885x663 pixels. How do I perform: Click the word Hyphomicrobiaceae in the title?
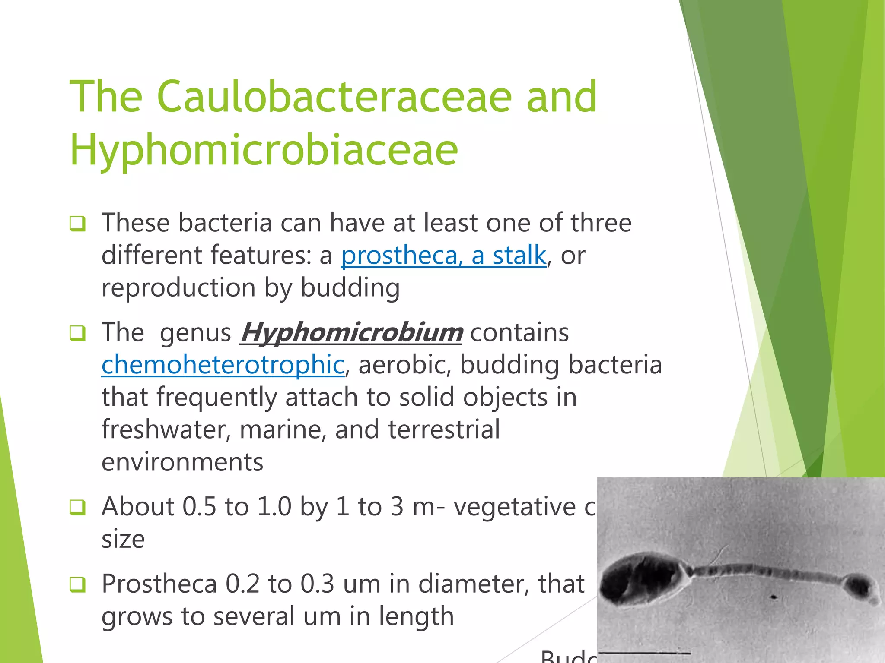(264, 150)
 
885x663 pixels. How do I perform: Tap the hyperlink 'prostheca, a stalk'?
(443, 255)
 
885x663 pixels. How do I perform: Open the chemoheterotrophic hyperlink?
(223, 365)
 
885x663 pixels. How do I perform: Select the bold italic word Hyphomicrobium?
(351, 333)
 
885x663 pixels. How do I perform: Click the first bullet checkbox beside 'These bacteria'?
(77, 224)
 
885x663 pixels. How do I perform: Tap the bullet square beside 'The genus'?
(77, 333)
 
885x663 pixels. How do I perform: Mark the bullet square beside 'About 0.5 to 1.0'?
(77, 507)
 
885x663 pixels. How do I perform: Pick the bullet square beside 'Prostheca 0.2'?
(77, 584)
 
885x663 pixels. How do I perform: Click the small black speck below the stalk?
(773, 597)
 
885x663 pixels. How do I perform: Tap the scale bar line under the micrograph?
(644, 653)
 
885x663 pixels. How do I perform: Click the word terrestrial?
(444, 430)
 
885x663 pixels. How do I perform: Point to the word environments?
(182, 462)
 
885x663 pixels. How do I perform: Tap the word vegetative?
(514, 507)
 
